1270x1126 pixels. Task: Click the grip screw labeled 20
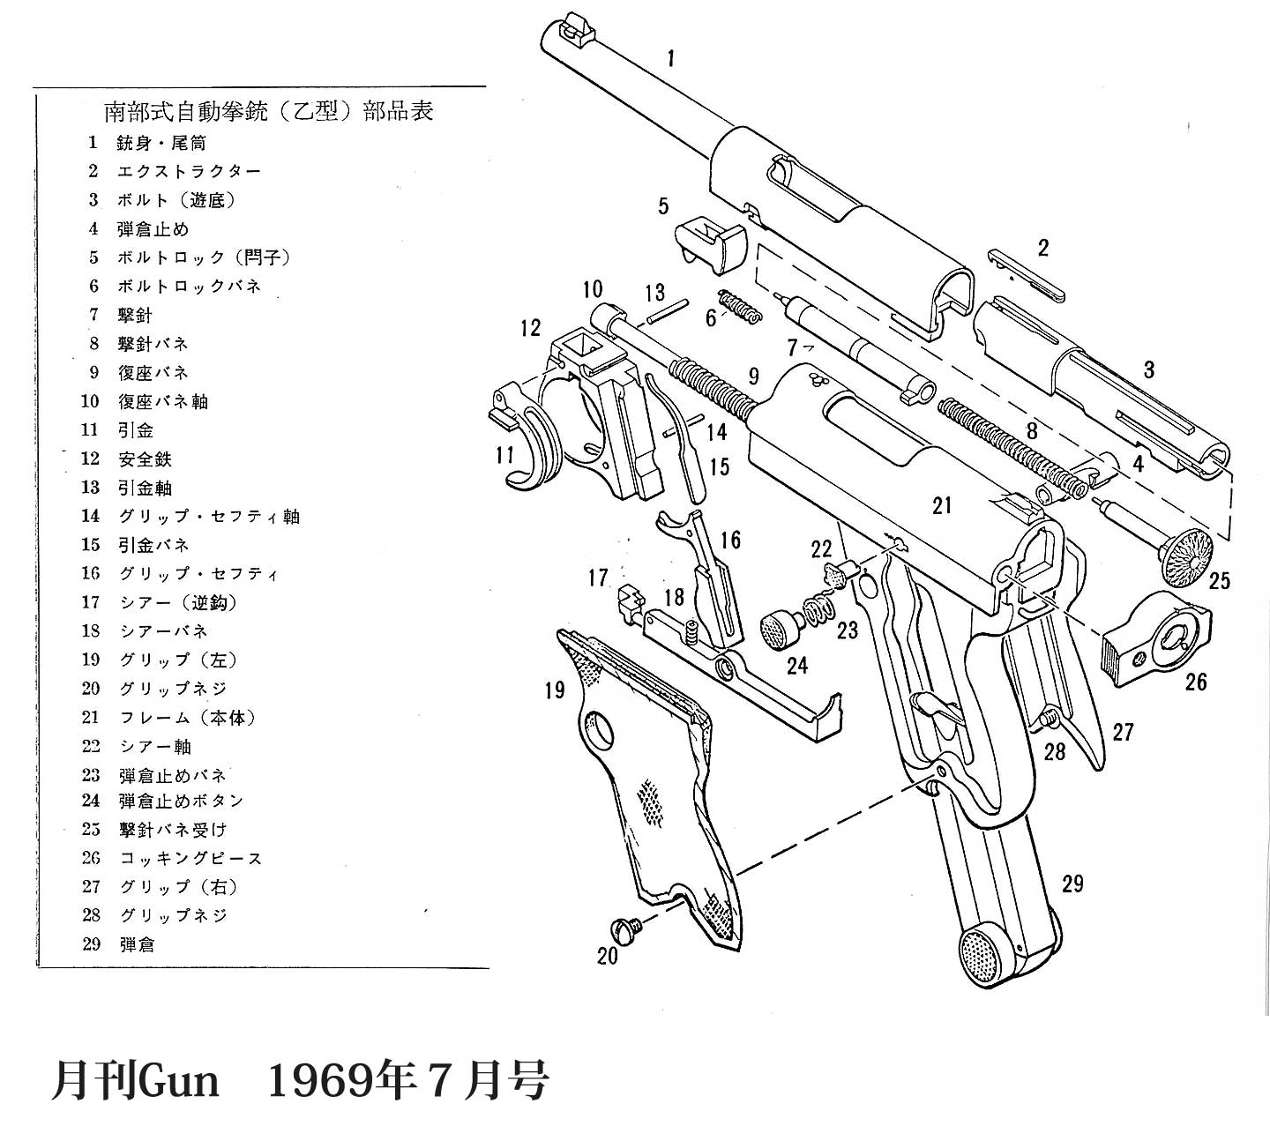click(624, 929)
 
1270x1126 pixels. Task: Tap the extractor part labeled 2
click(1026, 274)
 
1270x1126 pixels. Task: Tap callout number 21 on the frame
click(942, 505)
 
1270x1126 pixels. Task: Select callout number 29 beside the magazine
click(1072, 883)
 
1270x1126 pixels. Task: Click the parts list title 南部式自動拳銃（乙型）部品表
click(268, 112)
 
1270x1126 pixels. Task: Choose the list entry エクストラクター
click(189, 172)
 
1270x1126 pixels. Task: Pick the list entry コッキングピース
click(190, 859)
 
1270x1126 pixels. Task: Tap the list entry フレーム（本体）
click(187, 719)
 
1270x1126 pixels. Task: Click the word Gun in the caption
click(180, 1080)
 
